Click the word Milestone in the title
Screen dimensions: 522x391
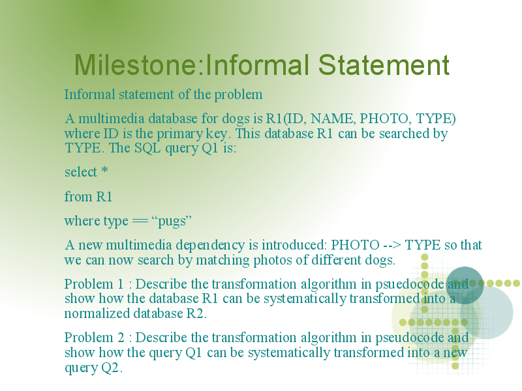pyautogui.click(x=136, y=65)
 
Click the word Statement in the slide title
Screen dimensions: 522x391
pyautogui.click(x=384, y=65)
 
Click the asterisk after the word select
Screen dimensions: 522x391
pyautogui.click(x=104, y=170)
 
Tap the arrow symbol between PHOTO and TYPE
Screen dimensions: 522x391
pyautogui.click(x=392, y=246)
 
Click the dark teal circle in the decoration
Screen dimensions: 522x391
pyautogui.click(x=465, y=285)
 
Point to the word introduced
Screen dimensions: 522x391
pyautogui.click(x=292, y=246)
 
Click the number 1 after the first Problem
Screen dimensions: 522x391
pyautogui.click(x=121, y=284)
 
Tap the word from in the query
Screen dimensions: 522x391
pyautogui.click(x=78, y=197)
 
